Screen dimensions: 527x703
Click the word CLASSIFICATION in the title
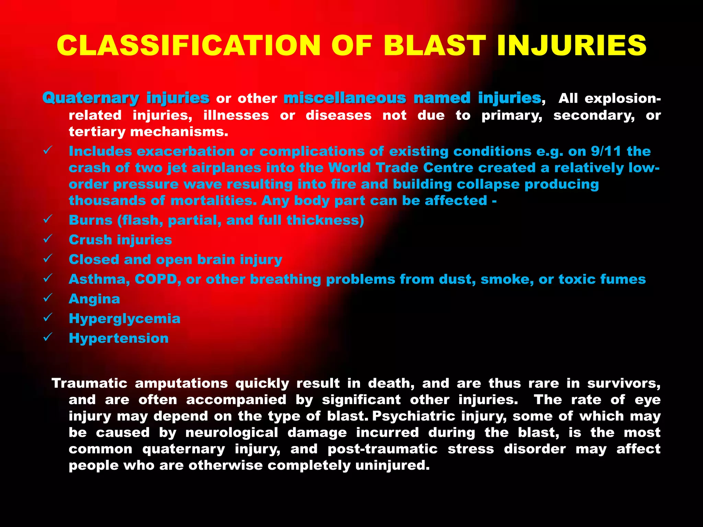pyautogui.click(x=188, y=46)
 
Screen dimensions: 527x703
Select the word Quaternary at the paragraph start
pyautogui.click(x=91, y=98)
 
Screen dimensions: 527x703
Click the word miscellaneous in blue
pyautogui.click(x=345, y=98)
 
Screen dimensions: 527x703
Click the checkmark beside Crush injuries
pyautogui.click(x=48, y=238)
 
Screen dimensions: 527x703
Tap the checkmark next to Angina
pyautogui.click(x=48, y=297)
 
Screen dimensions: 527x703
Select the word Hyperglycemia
pyautogui.click(x=124, y=319)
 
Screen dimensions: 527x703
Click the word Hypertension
pyautogui.click(x=118, y=338)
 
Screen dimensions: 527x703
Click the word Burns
pyautogui.click(x=90, y=220)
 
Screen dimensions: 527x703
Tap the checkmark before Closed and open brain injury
pyautogui.click(x=48, y=258)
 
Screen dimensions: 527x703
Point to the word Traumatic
pyautogui.click(x=89, y=383)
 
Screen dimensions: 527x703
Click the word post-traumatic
pyautogui.click(x=382, y=449)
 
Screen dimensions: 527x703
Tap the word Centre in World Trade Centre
pyautogui.click(x=448, y=168)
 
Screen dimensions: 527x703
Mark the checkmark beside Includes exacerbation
pyautogui.click(x=48, y=150)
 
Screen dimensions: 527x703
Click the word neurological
pyautogui.click(x=232, y=433)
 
